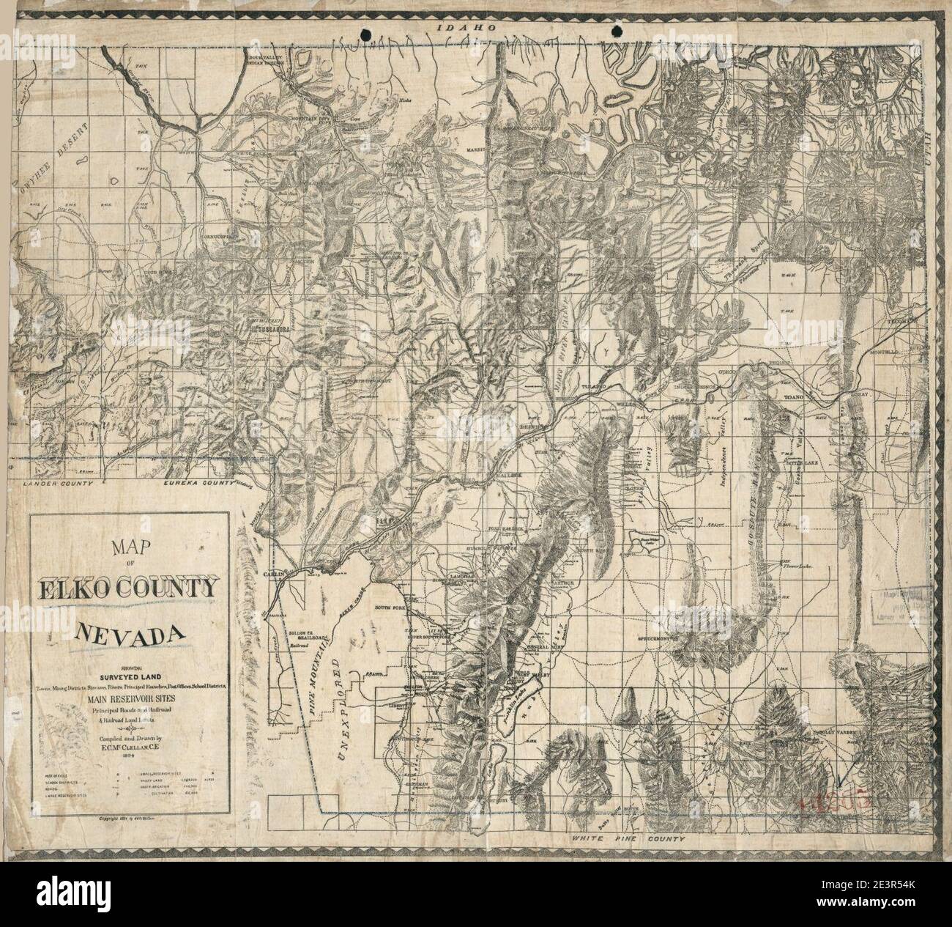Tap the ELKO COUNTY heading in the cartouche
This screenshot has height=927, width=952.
(x=129, y=588)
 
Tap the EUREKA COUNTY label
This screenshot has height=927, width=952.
(x=200, y=484)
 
